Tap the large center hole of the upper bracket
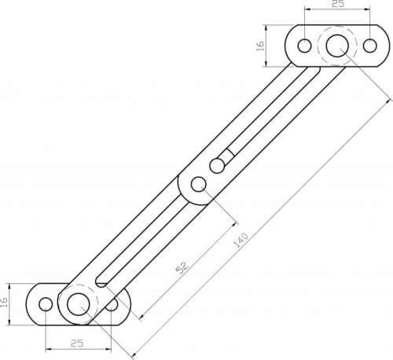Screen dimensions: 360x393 pos(337,46)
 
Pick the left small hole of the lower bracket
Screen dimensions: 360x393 pos(46,303)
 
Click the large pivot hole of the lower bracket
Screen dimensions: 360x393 pos(77,303)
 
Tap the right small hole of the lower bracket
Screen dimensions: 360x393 pos(112,303)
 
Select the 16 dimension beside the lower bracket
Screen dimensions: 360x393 pos(6,302)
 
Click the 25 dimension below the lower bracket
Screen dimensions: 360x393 pos(77,344)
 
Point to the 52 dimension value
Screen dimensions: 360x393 pos(182,267)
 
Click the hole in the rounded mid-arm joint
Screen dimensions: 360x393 pos(198,185)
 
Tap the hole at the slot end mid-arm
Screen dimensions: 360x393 pos(218,165)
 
